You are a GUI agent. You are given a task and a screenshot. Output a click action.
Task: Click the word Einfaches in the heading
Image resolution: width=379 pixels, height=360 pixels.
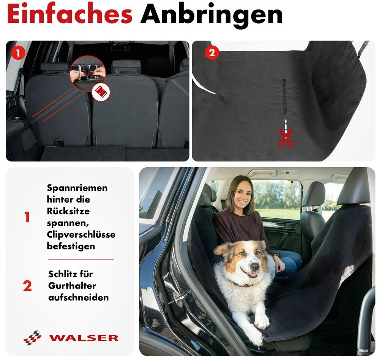(x=69, y=14)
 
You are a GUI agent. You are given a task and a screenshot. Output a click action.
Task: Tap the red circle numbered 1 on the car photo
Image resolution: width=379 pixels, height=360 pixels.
(x=18, y=52)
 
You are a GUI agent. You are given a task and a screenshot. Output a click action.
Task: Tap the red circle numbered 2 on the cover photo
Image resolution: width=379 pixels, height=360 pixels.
(x=212, y=52)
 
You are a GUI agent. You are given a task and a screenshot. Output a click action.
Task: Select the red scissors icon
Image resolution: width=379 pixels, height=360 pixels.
(x=286, y=138)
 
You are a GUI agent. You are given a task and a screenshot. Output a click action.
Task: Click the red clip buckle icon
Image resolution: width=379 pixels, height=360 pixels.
(x=101, y=92)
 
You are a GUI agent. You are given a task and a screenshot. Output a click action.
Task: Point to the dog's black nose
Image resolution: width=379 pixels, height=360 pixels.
(x=255, y=267)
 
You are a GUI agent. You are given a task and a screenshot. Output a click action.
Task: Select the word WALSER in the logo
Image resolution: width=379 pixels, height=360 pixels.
(x=84, y=338)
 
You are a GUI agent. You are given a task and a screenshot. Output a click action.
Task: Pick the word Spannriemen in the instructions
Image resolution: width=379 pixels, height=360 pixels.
(x=77, y=188)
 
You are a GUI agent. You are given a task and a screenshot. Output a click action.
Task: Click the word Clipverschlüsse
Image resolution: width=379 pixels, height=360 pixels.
(x=81, y=235)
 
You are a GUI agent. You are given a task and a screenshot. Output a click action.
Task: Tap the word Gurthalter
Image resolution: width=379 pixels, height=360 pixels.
(x=72, y=286)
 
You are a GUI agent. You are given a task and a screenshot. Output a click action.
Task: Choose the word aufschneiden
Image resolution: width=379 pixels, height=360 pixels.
(x=78, y=297)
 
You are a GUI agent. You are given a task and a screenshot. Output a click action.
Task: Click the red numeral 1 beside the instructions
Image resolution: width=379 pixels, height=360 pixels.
(x=27, y=217)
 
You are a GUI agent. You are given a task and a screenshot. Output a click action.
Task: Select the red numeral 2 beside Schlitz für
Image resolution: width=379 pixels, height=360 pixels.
(x=27, y=286)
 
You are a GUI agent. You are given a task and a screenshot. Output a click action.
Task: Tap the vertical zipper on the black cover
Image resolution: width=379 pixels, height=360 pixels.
(x=284, y=96)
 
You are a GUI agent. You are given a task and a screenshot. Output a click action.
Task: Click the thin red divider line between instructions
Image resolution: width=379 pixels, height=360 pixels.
(x=81, y=259)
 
